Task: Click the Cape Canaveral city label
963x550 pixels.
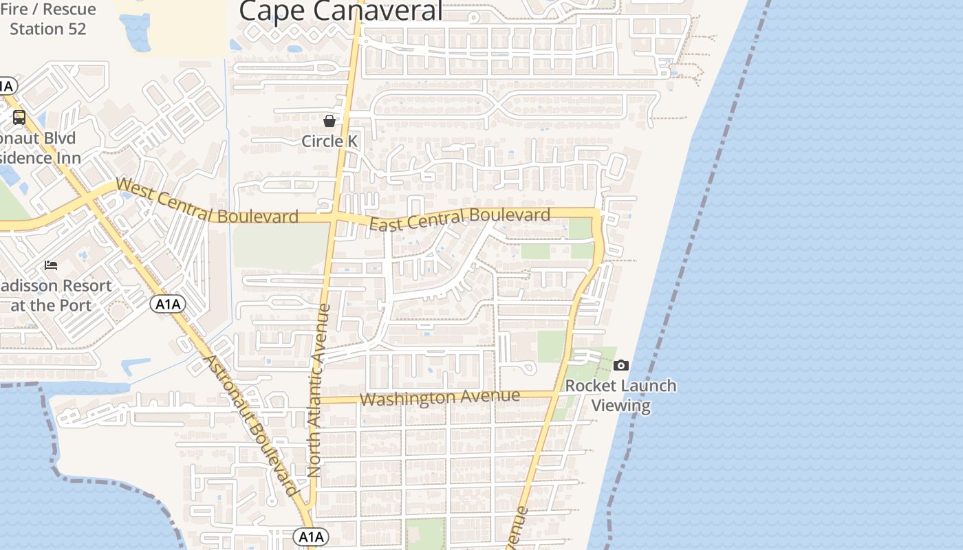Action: point(340,11)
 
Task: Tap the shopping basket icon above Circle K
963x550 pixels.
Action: point(329,121)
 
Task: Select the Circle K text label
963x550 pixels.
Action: point(329,141)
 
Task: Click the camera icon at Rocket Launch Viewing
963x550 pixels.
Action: point(621,365)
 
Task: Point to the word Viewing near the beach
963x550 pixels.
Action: point(621,405)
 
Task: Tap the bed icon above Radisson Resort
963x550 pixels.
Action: point(51,265)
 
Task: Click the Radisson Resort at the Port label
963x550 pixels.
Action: point(55,295)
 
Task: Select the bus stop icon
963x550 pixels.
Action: point(19,118)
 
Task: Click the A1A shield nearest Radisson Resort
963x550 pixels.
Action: point(168,304)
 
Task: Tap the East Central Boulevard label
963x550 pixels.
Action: point(459,219)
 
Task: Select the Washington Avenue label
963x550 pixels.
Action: point(440,397)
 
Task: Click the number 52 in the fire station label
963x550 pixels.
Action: point(76,29)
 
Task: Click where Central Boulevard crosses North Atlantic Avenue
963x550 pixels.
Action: point(333,218)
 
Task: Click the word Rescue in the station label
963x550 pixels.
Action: point(72,10)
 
